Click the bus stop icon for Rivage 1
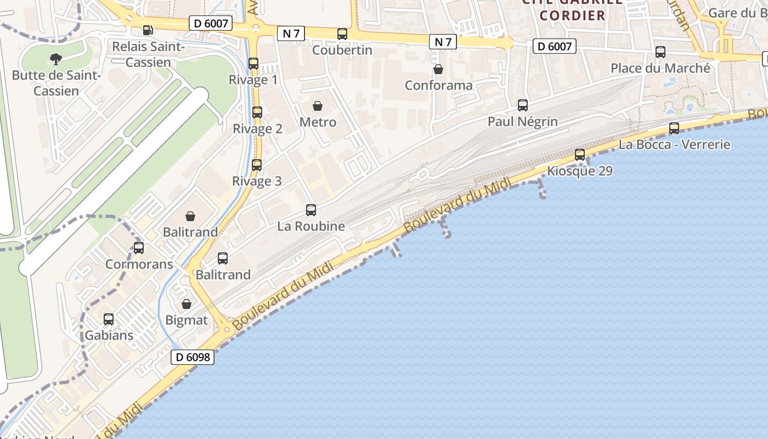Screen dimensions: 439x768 [x=253, y=63]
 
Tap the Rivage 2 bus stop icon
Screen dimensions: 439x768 [x=257, y=112]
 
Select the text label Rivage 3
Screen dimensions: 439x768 [x=257, y=181]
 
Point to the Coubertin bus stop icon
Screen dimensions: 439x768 [x=342, y=34]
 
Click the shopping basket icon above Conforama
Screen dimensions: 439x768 [x=438, y=69]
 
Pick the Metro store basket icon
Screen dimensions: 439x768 [x=318, y=106]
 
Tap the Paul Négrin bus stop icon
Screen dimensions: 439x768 [x=523, y=105]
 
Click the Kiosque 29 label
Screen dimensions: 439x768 [x=580, y=171]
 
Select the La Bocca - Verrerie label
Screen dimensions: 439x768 [x=674, y=145]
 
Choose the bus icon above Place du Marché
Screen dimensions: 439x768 [x=660, y=52]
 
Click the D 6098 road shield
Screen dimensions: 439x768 [x=192, y=357]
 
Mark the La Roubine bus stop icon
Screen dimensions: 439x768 [x=311, y=210]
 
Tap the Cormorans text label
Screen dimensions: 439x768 [x=139, y=264]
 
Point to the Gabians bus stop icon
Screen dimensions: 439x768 [x=109, y=319]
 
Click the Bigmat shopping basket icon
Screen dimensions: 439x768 [x=187, y=304]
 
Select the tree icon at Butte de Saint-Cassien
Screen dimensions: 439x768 [x=55, y=59]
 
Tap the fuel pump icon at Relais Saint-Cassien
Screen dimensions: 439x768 [x=148, y=30]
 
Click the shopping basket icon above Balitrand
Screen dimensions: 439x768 [x=190, y=216]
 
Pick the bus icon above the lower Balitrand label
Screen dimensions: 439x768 [x=223, y=258]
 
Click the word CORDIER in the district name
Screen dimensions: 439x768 [x=572, y=15]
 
